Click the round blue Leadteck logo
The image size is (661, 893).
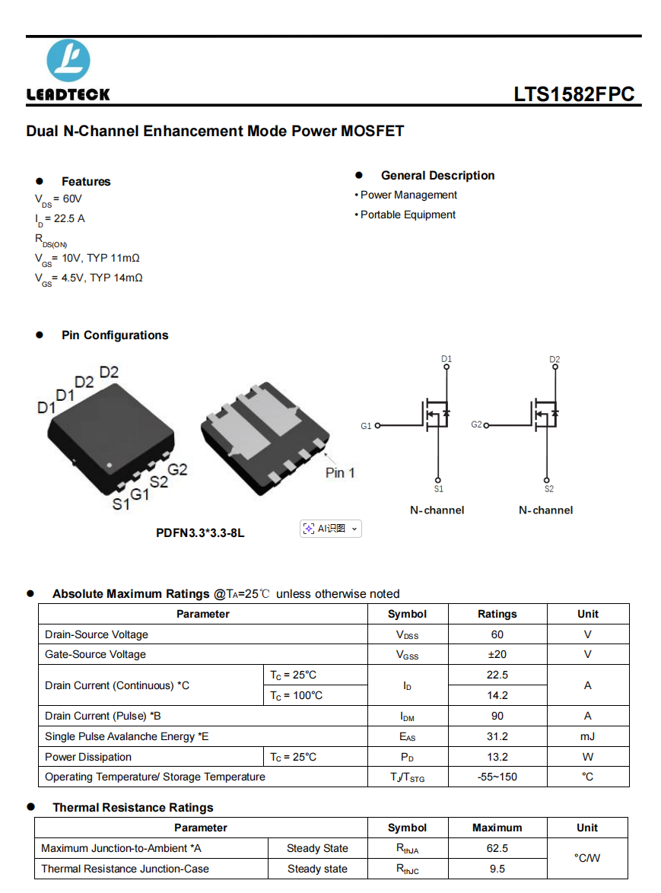tap(68, 61)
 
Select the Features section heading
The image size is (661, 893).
tap(86, 182)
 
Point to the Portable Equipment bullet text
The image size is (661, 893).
tap(408, 215)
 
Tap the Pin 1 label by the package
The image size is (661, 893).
tap(340, 472)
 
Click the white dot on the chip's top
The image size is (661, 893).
tap(109, 465)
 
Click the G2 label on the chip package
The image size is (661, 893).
tap(177, 470)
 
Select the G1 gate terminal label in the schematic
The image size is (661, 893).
tap(366, 426)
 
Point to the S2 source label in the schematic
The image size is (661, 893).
tap(549, 489)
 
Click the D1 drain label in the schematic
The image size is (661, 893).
tap(446, 359)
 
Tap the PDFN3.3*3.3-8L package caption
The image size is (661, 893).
tap(200, 533)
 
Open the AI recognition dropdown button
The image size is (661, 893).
tap(331, 529)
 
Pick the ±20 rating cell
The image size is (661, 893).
tap(497, 655)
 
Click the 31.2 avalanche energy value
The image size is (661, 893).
tap(497, 736)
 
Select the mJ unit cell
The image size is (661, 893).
tap(587, 736)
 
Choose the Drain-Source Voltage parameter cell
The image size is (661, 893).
tap(97, 634)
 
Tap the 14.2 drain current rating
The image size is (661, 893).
tap(497, 695)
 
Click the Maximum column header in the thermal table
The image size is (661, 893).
tap(497, 828)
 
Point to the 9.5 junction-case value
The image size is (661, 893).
tap(497, 869)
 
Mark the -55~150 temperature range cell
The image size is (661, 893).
tap(497, 777)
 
